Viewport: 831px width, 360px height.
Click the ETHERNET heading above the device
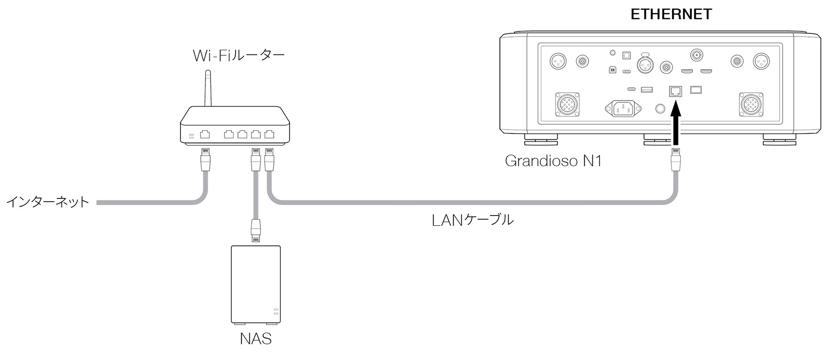click(x=671, y=14)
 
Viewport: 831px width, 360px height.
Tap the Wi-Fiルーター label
click(x=239, y=56)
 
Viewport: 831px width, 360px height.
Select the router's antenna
click(x=209, y=88)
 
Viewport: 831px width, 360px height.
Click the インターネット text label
click(x=48, y=202)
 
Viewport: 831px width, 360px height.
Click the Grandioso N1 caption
click(x=553, y=161)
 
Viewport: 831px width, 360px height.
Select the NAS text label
click(x=256, y=339)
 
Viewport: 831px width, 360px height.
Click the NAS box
click(x=256, y=284)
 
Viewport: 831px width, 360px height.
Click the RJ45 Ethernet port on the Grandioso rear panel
click(x=675, y=91)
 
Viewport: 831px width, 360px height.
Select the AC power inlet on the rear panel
click(x=623, y=109)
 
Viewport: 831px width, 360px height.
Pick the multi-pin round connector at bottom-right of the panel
click(x=752, y=105)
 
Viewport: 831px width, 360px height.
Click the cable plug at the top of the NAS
click(x=256, y=229)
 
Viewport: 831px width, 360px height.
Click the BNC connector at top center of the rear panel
click(x=697, y=55)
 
